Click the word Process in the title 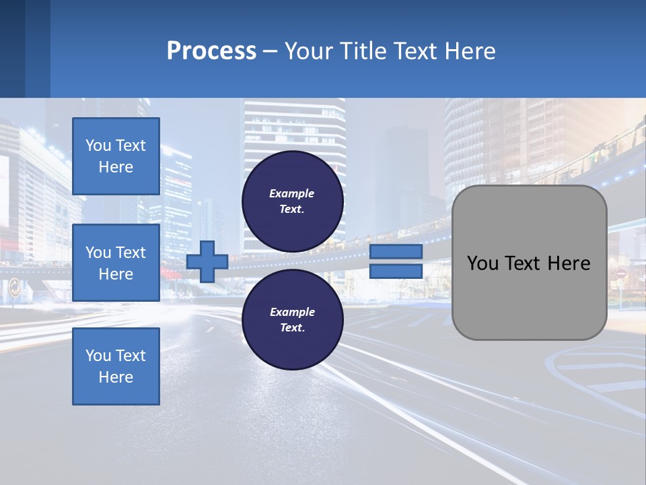click(211, 51)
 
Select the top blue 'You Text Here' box click(116, 156)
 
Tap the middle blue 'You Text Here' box click(116, 263)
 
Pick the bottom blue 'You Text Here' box click(116, 366)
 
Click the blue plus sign click(207, 262)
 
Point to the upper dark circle click(293, 201)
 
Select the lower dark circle click(293, 319)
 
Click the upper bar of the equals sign click(396, 252)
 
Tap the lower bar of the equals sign click(396, 271)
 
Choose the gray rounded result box click(530, 263)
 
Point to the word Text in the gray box click(520, 263)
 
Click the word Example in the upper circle click(292, 193)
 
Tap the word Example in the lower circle click(292, 312)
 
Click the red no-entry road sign click(620, 274)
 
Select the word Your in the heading click(308, 51)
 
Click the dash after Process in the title click(270, 52)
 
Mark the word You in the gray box click(482, 263)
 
